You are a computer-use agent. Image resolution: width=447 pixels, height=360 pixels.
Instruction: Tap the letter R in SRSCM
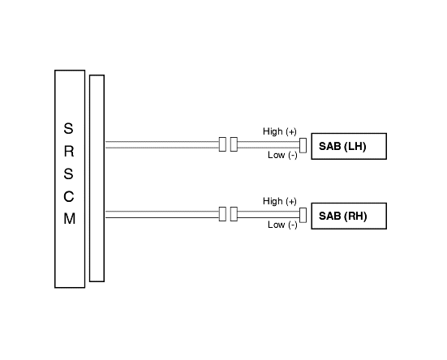click(x=69, y=152)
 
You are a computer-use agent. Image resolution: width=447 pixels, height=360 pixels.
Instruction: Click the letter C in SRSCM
click(x=69, y=196)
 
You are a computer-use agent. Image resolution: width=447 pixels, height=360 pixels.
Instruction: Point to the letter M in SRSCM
click(x=69, y=219)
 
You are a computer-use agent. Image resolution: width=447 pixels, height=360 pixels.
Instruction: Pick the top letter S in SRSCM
click(x=68, y=128)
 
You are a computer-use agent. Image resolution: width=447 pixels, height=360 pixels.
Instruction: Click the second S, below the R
click(x=68, y=174)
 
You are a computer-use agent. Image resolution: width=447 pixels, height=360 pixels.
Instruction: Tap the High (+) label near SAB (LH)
click(x=280, y=131)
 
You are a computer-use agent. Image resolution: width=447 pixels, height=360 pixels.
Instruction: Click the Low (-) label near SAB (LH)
click(x=282, y=155)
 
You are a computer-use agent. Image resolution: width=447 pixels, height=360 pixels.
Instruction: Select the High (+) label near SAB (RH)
click(x=280, y=201)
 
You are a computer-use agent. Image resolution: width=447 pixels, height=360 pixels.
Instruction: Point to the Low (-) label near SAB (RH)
click(x=282, y=225)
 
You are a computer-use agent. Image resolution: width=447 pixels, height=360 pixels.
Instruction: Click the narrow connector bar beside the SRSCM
click(x=97, y=178)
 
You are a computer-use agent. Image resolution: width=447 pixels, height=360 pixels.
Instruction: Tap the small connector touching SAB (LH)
click(x=303, y=145)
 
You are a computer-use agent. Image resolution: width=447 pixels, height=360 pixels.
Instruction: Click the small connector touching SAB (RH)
click(x=303, y=215)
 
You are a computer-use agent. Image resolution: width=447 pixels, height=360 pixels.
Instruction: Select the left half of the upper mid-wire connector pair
click(x=222, y=144)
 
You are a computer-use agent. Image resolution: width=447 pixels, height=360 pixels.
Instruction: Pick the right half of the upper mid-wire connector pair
click(x=234, y=144)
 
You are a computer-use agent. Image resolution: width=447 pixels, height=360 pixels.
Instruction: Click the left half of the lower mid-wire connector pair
click(x=222, y=214)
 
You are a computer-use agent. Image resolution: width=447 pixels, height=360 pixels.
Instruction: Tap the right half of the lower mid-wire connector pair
click(x=234, y=214)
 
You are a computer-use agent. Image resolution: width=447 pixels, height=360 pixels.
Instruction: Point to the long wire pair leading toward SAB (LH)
click(x=162, y=144)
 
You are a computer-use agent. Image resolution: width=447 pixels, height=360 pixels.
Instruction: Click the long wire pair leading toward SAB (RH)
click(x=162, y=215)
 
